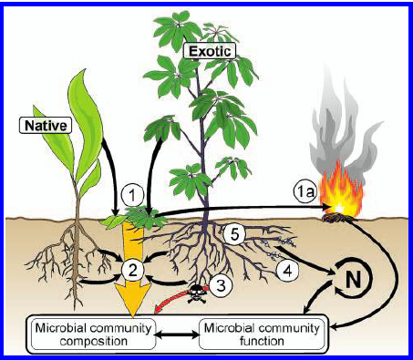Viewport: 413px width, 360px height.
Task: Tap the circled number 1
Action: coord(133,194)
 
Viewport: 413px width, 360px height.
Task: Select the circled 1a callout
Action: coord(305,192)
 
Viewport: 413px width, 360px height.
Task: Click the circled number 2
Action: coord(134,269)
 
